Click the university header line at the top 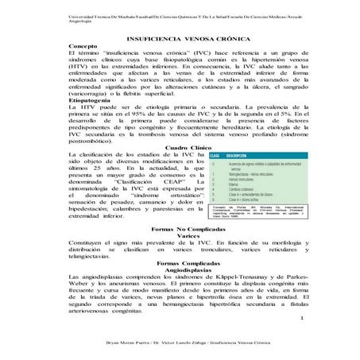coord(175,16)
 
